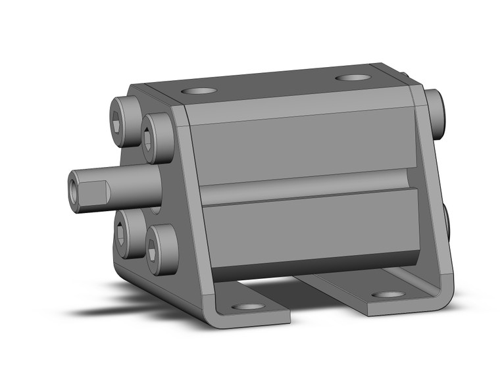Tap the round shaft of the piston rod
click(135, 187)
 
